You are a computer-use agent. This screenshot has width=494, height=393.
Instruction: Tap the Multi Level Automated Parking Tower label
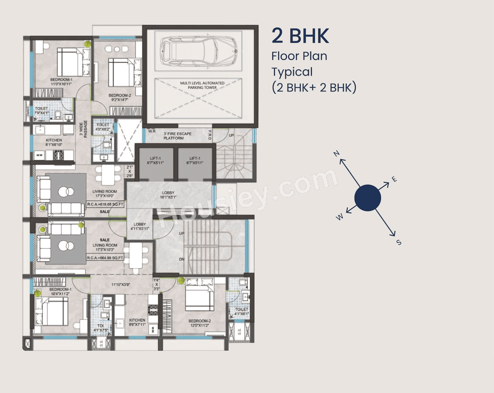coord(202,85)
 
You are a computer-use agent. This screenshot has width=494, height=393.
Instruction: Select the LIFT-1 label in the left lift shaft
coord(156,160)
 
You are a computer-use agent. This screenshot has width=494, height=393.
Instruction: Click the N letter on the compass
coord(337,154)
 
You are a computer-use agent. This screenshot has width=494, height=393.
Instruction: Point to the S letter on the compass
coord(399,242)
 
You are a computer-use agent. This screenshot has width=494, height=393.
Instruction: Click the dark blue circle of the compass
coord(367,198)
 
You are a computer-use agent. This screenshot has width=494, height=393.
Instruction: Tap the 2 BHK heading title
coord(300,36)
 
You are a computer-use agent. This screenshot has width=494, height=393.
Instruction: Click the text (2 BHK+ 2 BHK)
coord(314,88)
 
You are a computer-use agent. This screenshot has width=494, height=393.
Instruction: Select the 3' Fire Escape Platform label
coord(177,136)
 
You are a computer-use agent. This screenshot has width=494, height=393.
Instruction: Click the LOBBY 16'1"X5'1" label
coord(168,195)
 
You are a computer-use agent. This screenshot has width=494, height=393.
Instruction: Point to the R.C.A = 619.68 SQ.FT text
coord(105,204)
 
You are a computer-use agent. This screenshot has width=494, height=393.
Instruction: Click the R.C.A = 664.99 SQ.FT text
coord(105,258)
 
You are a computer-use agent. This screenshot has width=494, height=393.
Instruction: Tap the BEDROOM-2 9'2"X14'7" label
coord(120,98)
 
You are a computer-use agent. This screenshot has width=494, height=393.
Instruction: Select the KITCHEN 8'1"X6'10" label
coord(54,142)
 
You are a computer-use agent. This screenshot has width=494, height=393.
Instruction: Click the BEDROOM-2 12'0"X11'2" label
coord(200,323)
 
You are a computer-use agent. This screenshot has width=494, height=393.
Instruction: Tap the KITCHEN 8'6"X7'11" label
coord(137,322)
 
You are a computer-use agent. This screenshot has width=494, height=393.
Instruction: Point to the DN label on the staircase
coord(181,259)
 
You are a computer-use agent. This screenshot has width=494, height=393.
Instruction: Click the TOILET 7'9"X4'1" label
coord(42,111)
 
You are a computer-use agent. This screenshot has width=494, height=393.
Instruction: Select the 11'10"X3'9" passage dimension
coord(120,285)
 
